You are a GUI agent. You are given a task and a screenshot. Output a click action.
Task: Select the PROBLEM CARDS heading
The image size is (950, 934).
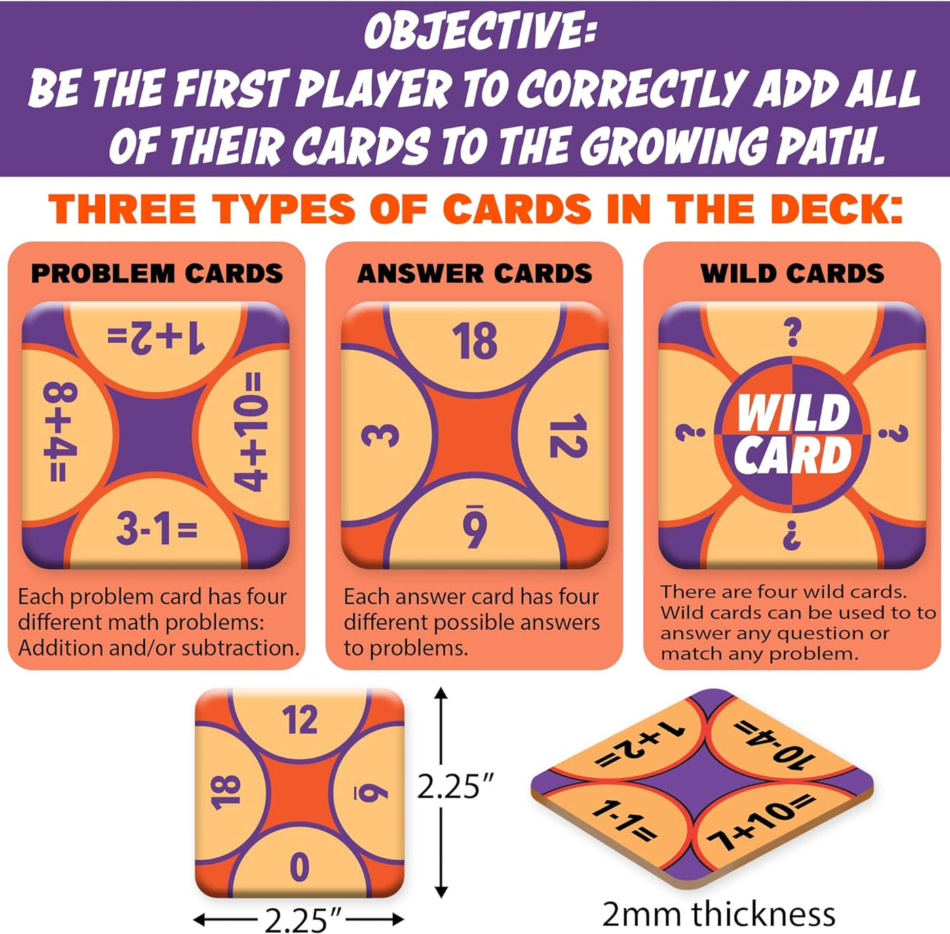[157, 274]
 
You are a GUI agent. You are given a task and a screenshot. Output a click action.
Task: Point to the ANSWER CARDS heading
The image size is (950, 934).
[474, 274]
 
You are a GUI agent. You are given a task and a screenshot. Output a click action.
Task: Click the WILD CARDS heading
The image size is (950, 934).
[792, 274]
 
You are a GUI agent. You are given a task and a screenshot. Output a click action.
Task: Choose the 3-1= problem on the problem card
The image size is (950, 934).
[157, 529]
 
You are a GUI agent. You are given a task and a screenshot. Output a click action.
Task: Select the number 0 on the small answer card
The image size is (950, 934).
[299, 867]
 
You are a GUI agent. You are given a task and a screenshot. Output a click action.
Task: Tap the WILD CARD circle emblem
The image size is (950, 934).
[792, 434]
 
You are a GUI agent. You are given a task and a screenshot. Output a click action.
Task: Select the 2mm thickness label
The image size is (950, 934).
[719, 914]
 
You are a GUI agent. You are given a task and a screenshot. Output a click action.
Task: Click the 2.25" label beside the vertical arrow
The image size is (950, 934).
[455, 787]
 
